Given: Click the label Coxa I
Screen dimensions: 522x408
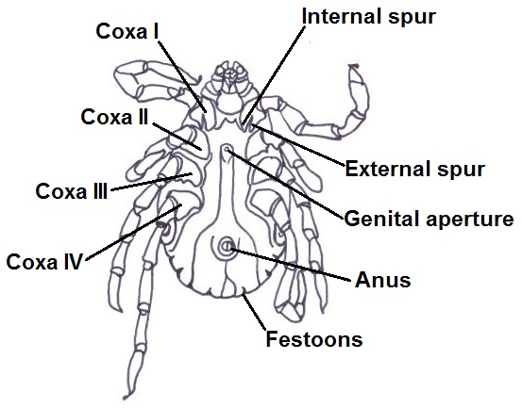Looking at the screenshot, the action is coord(127,31).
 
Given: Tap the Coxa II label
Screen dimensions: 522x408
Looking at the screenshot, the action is coord(114,117).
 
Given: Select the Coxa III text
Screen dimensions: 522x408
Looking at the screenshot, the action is coord(72,191).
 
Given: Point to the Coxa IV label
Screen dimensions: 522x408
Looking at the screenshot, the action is coord(44,262).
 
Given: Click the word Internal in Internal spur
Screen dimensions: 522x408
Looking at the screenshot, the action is coord(343,16).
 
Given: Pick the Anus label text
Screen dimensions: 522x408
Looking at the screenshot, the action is coord(383,280).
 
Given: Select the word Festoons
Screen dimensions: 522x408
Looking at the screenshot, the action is coord(314,339).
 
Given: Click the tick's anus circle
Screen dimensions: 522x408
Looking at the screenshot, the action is coord(227,246).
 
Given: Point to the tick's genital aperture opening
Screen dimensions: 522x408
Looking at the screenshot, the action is coord(227,148).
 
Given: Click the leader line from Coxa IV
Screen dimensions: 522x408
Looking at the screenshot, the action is coord(134,232).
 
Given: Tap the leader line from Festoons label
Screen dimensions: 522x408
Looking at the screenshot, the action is coord(255,312).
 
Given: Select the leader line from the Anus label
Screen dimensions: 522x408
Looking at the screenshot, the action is coord(291,264).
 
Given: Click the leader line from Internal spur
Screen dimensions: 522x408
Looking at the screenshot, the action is coord(274,75).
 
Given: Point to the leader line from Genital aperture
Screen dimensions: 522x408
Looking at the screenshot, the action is coord(285,185).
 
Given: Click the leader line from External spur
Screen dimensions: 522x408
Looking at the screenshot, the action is coord(298,145).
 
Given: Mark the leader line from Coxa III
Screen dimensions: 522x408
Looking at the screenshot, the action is coord(151,182).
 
